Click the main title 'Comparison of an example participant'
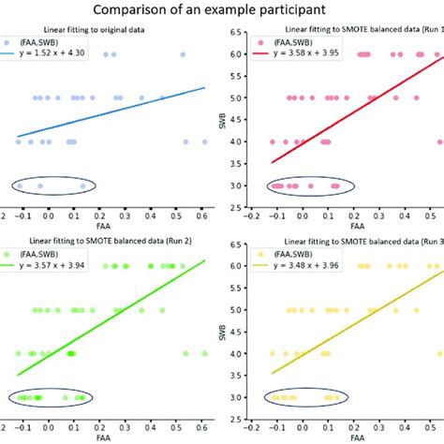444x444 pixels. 222,13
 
